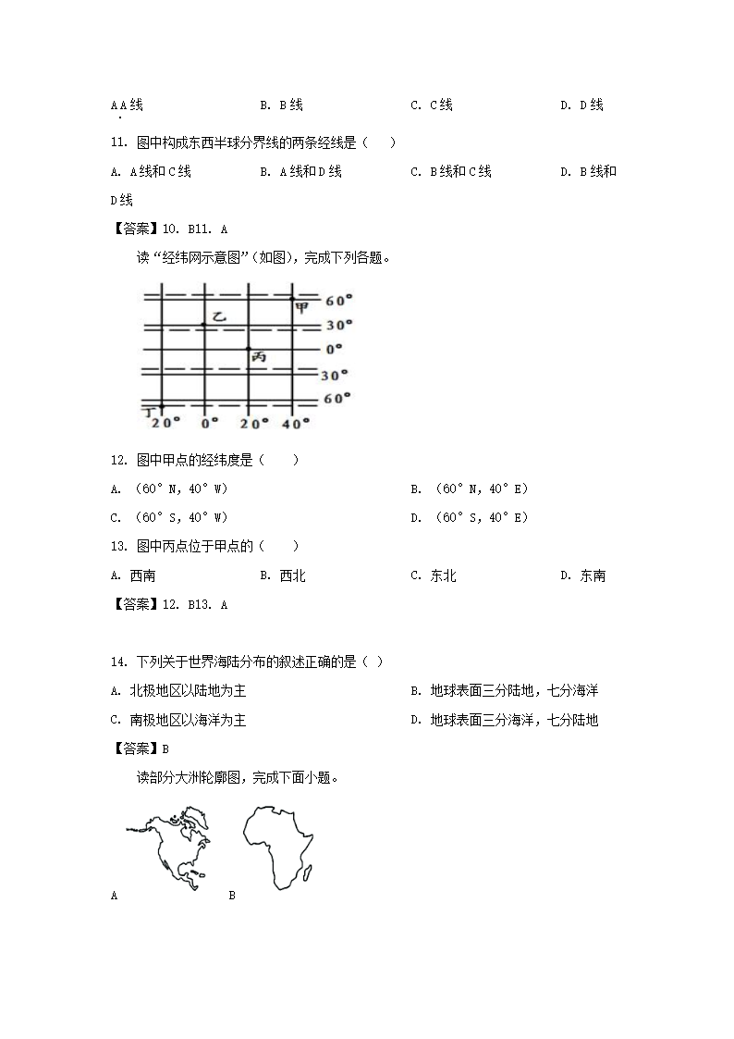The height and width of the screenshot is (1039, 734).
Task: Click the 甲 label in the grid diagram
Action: [301, 308]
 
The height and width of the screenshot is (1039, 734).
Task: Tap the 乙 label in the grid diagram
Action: [218, 316]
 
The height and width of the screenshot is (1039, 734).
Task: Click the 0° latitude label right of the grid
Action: [334, 350]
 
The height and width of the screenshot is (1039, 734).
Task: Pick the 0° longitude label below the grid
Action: [210, 423]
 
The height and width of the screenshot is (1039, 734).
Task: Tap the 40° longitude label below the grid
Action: [297, 423]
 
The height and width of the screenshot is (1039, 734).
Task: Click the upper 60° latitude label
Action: [339, 301]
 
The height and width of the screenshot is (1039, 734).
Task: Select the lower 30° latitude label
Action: [335, 375]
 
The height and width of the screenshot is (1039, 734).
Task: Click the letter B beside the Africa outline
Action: [232, 895]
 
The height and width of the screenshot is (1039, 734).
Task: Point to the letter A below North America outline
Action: [114, 895]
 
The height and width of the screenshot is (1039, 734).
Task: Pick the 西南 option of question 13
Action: [142, 575]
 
